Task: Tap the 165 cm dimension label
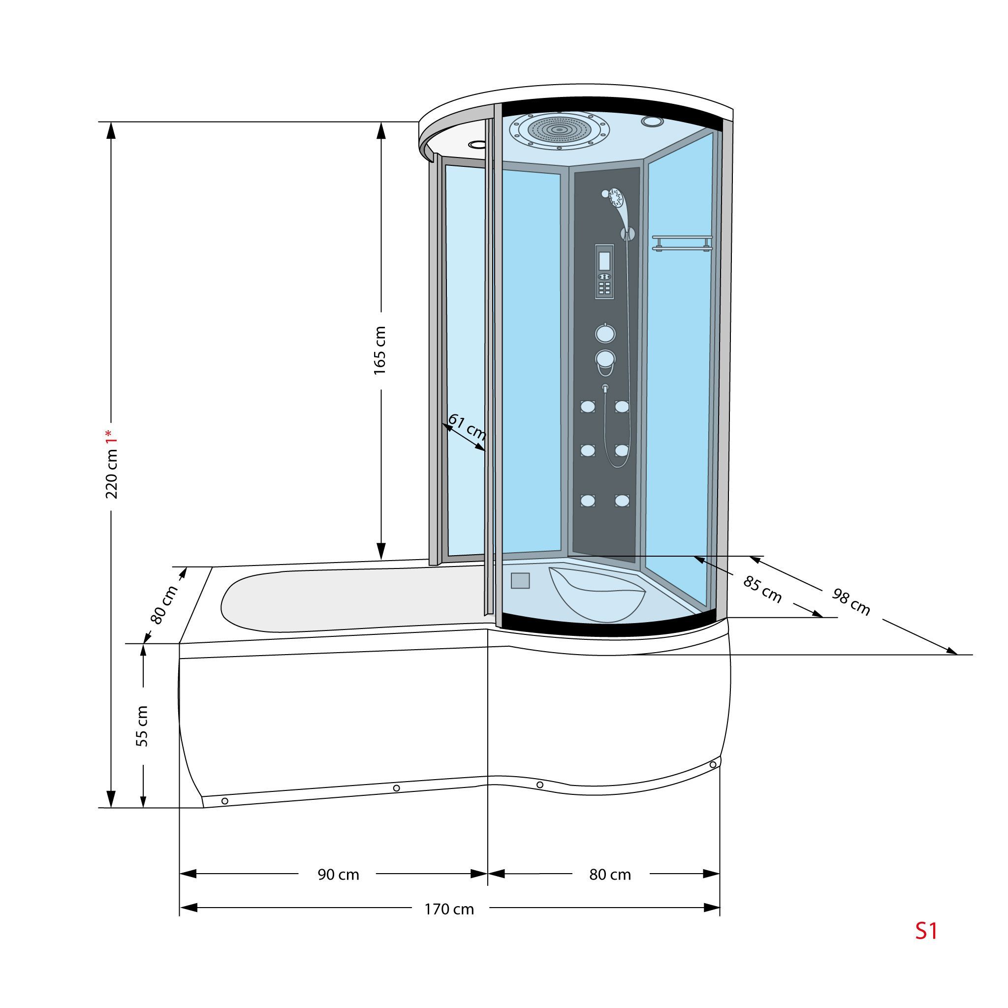coord(380,350)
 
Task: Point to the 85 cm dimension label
coord(762,590)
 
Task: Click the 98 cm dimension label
coord(851,601)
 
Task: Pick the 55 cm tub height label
coord(142,726)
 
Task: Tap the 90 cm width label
coord(339,875)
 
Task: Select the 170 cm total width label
coord(449,910)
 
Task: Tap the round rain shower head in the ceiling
coord(559,130)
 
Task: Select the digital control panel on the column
coord(604,271)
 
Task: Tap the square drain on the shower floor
coord(520,581)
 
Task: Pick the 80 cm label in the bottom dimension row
coord(610,875)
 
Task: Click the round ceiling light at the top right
coord(652,122)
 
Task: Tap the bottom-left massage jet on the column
coord(588,501)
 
